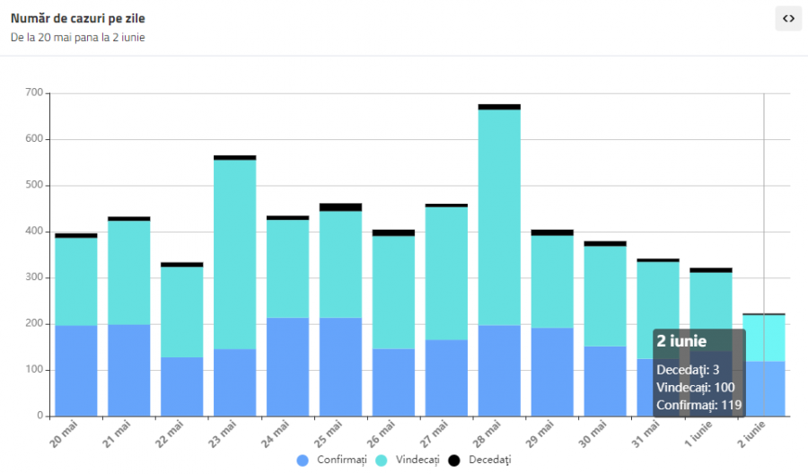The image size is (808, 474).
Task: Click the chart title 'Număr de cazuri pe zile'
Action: tap(77, 18)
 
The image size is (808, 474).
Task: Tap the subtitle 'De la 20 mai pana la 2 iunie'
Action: tap(78, 38)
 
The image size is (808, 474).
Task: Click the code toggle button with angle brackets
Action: tap(788, 18)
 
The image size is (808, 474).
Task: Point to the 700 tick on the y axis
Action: tap(34, 92)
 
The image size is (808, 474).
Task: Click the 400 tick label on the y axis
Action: tap(34, 232)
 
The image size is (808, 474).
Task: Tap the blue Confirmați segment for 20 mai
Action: tap(76, 371)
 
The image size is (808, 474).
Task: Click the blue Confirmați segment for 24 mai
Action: tap(288, 367)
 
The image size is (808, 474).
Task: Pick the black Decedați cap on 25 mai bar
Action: tap(340, 207)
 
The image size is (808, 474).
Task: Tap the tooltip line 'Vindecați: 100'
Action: tap(696, 387)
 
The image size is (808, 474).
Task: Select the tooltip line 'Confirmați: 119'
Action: tap(699, 405)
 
